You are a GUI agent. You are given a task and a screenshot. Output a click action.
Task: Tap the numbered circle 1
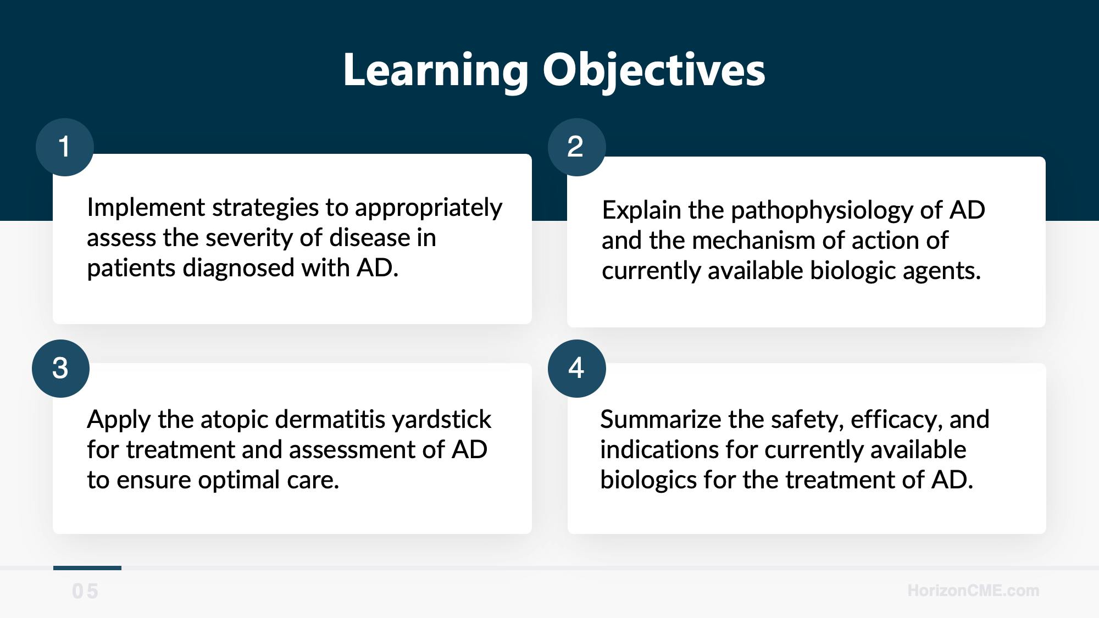click(65, 147)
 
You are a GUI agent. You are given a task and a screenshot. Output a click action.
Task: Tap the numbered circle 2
click(577, 147)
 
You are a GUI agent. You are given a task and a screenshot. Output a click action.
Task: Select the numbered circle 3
click(60, 369)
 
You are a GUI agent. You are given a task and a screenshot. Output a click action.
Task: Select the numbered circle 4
click(577, 369)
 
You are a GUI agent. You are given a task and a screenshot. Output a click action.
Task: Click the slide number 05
click(85, 592)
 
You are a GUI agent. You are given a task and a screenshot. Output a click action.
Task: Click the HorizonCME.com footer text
click(973, 591)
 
